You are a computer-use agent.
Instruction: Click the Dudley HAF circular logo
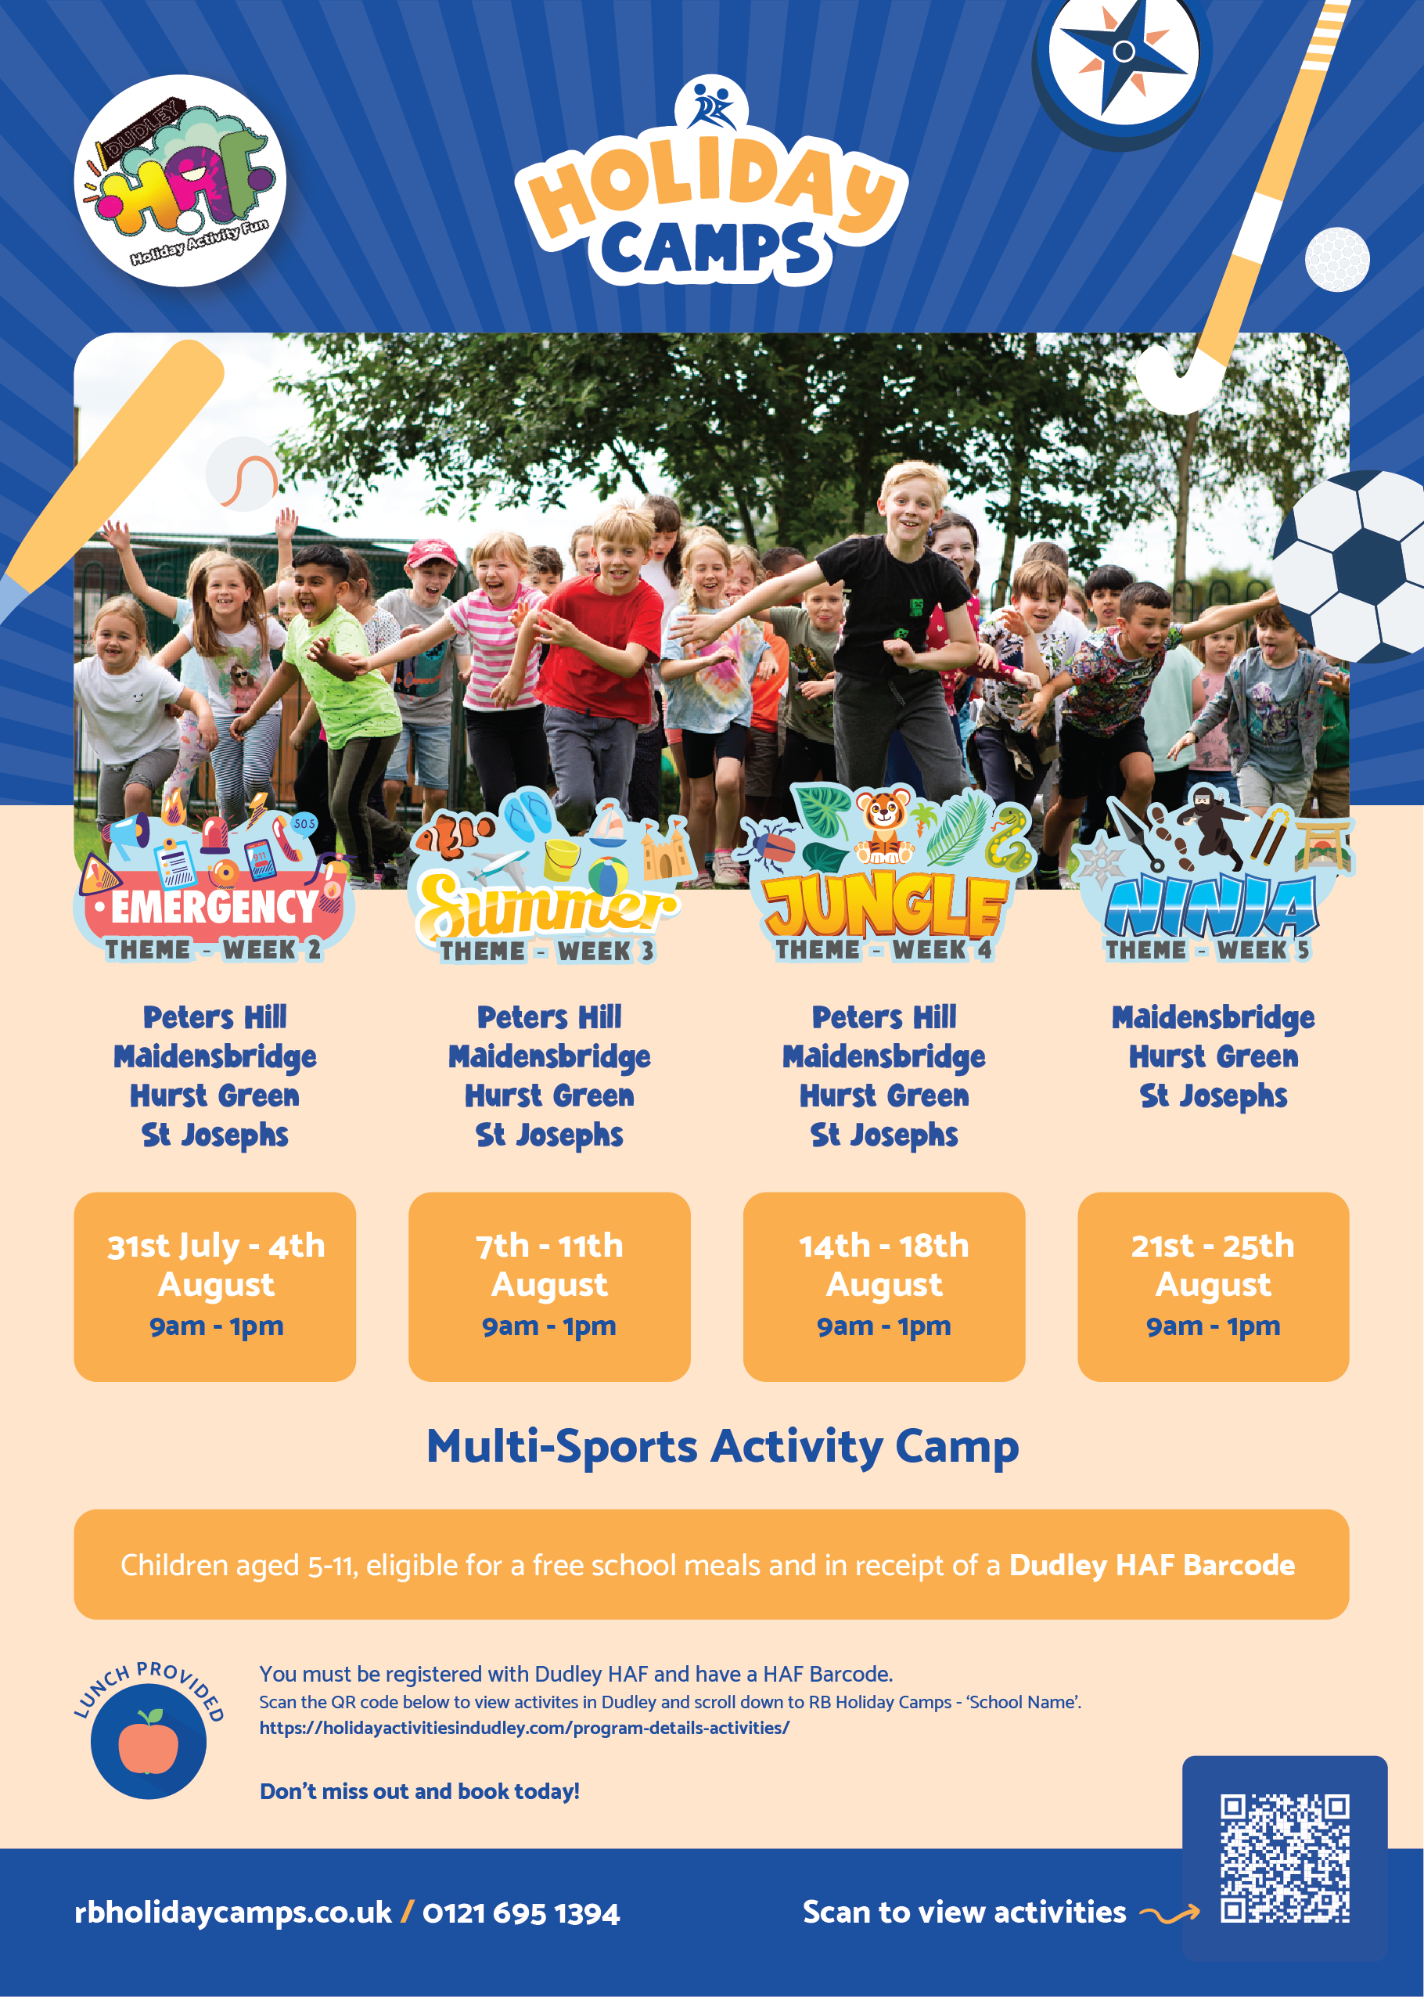[x=180, y=181]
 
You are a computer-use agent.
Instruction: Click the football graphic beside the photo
[x=1350, y=567]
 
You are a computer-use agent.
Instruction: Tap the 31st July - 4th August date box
[x=215, y=1286]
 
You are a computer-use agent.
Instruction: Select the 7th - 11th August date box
[x=550, y=1286]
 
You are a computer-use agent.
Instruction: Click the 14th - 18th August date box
[x=884, y=1286]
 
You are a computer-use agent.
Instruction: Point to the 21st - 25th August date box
[x=1214, y=1286]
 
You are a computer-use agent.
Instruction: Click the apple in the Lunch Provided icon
[x=148, y=1745]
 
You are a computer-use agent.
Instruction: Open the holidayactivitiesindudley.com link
[x=524, y=1729]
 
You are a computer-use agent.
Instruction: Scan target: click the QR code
[x=1285, y=1858]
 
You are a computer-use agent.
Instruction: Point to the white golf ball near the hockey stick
[x=1337, y=259]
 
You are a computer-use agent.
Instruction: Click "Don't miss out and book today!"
[x=420, y=1791]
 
